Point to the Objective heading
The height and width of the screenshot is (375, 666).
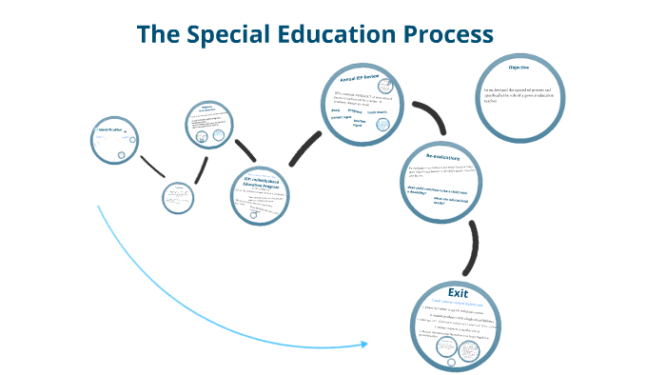pyautogui.click(x=519, y=69)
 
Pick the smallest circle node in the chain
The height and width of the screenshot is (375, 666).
pyautogui.click(x=177, y=197)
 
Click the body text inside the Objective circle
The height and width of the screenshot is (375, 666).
pyautogui.click(x=522, y=95)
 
